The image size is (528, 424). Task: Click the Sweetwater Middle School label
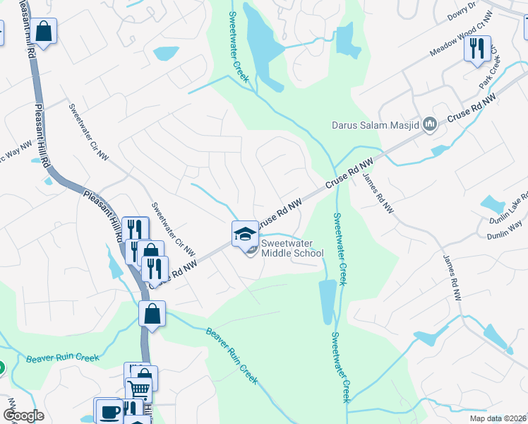[x=292, y=247]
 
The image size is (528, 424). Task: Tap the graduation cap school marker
[x=244, y=232]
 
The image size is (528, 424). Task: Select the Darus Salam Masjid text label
[x=376, y=126]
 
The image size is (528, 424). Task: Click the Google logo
[x=23, y=416]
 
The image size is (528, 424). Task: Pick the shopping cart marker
[x=139, y=387]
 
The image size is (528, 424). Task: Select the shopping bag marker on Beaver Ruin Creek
[x=152, y=312]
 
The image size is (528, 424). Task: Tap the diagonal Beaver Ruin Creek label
[x=232, y=355]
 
